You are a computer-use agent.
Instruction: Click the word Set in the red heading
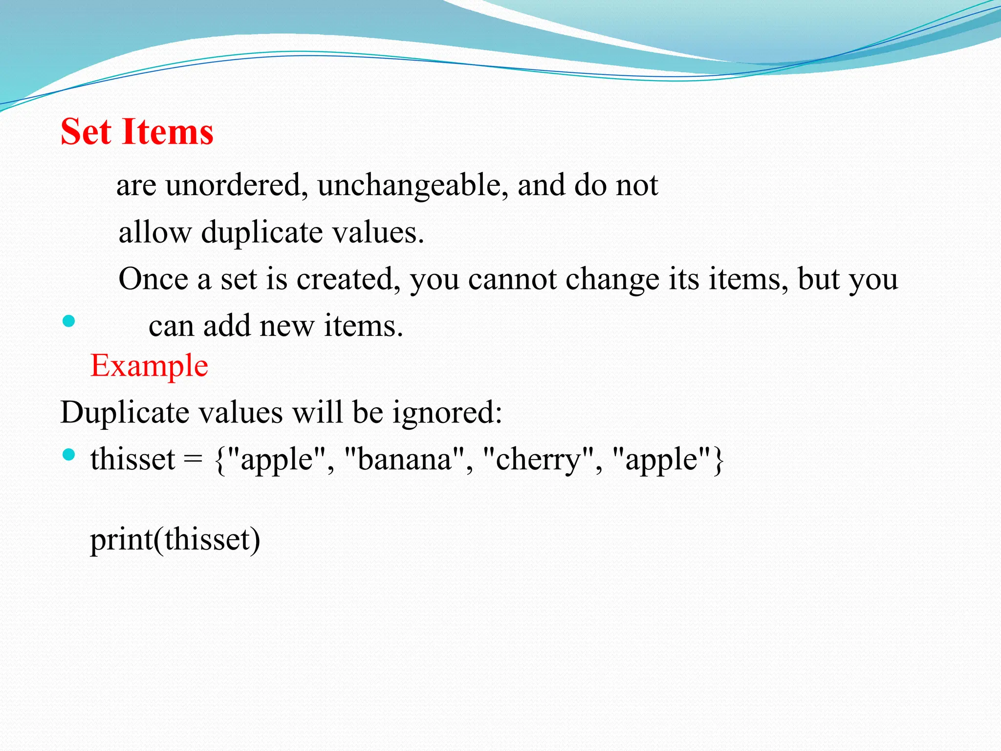pyautogui.click(x=86, y=132)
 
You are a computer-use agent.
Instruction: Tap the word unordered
pyautogui.click(x=236, y=185)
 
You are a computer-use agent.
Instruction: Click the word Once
pyautogui.click(x=153, y=279)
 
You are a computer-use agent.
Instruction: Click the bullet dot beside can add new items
pyautogui.click(x=69, y=321)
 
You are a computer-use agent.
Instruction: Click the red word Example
pyautogui.click(x=149, y=365)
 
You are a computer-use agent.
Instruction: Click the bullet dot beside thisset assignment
pyautogui.click(x=69, y=455)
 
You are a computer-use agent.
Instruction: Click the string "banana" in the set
pyautogui.click(x=405, y=460)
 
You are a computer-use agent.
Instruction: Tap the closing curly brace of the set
pyautogui.click(x=718, y=460)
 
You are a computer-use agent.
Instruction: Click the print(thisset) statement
pyautogui.click(x=175, y=540)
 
